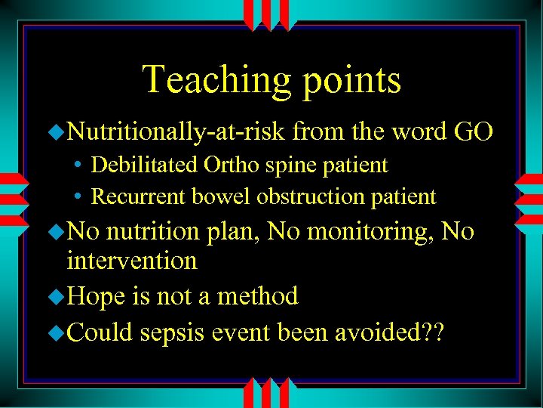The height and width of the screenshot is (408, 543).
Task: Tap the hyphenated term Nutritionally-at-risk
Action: tap(176, 133)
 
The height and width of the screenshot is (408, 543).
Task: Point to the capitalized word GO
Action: tap(474, 132)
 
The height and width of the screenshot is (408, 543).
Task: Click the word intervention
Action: tap(132, 261)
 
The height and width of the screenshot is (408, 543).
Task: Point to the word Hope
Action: tap(95, 295)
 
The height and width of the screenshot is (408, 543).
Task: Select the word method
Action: tap(257, 295)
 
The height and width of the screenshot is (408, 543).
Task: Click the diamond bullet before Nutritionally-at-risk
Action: tap(58, 134)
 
